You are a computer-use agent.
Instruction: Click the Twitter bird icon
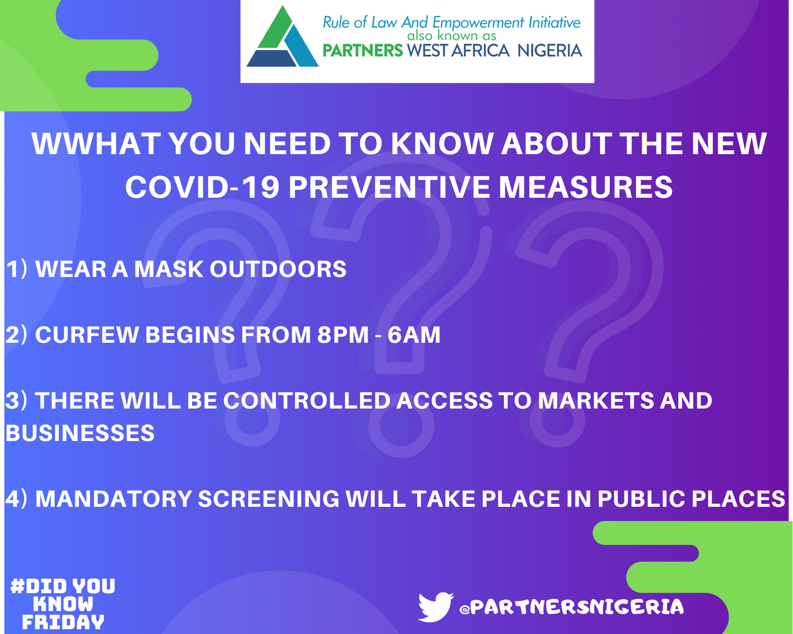coord(435,607)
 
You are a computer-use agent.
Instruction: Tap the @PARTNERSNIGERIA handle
coord(571,607)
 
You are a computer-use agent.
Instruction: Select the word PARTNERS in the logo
coord(362,51)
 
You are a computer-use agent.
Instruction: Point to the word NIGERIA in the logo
coord(550,51)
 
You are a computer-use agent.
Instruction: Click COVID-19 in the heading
coord(203,187)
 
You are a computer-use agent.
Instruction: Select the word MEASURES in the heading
coord(586,187)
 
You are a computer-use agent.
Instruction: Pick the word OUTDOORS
coord(278,269)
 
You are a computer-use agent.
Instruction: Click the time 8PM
coord(343,335)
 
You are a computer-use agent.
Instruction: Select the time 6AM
coord(414,335)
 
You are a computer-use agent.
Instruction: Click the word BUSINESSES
coord(80,433)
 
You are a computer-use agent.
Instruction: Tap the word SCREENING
coord(269,499)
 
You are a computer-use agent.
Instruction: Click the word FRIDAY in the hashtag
coord(63,622)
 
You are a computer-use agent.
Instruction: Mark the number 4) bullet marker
coord(17,499)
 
